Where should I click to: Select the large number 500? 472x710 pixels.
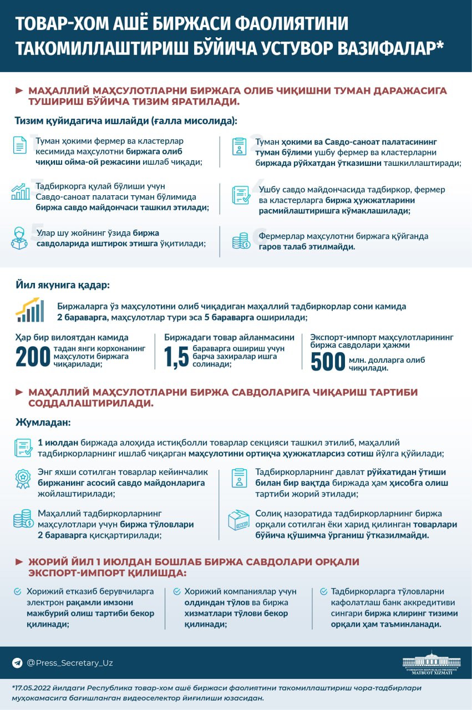(328, 362)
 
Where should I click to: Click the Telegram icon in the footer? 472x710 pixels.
(17, 663)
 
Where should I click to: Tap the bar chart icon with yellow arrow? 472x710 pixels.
(30, 310)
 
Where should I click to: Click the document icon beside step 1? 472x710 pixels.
(20, 145)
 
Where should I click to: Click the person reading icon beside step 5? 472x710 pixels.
(19, 237)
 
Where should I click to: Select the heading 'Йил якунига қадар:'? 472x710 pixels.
(62, 285)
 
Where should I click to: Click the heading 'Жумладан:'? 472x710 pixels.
(43, 423)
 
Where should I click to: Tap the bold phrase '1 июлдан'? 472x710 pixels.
(58, 443)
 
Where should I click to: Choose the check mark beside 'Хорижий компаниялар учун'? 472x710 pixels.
(177, 592)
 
